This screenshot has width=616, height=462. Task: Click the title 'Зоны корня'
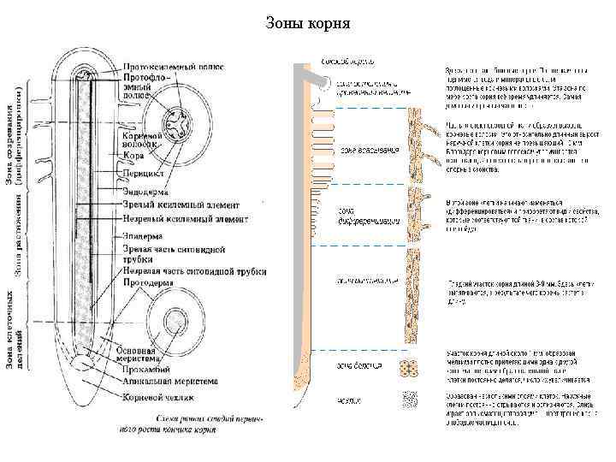308,22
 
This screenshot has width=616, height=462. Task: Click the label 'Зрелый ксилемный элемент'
178,204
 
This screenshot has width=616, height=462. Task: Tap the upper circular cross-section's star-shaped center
179,119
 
